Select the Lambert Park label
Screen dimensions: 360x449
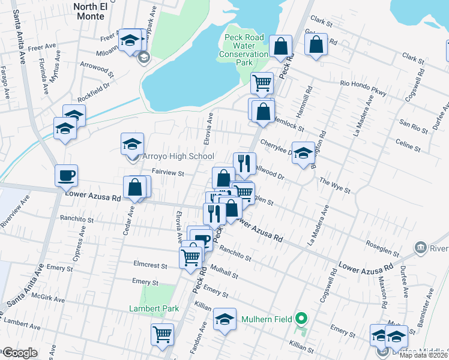tap(154, 309)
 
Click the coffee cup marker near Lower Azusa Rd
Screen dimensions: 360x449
tap(67, 175)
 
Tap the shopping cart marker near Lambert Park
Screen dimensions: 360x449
tap(162, 335)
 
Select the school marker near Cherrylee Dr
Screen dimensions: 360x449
tap(303, 152)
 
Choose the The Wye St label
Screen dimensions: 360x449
tap(334, 184)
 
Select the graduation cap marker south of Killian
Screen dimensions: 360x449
tap(224, 319)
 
